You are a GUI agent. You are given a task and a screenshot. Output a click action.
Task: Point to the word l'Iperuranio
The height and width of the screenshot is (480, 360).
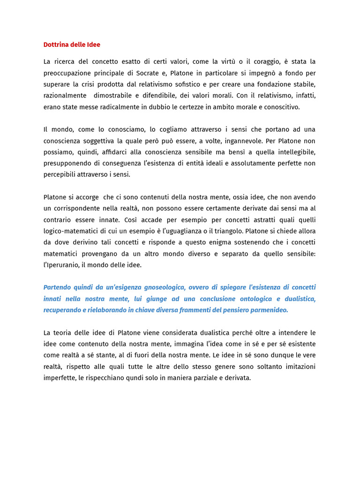pyautogui.click(x=62, y=265)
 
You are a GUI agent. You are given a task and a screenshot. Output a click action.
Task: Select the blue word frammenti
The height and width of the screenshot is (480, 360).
pyautogui.click(x=201, y=310)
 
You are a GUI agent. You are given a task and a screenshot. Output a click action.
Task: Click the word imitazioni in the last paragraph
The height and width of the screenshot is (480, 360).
pyautogui.click(x=299, y=366)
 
